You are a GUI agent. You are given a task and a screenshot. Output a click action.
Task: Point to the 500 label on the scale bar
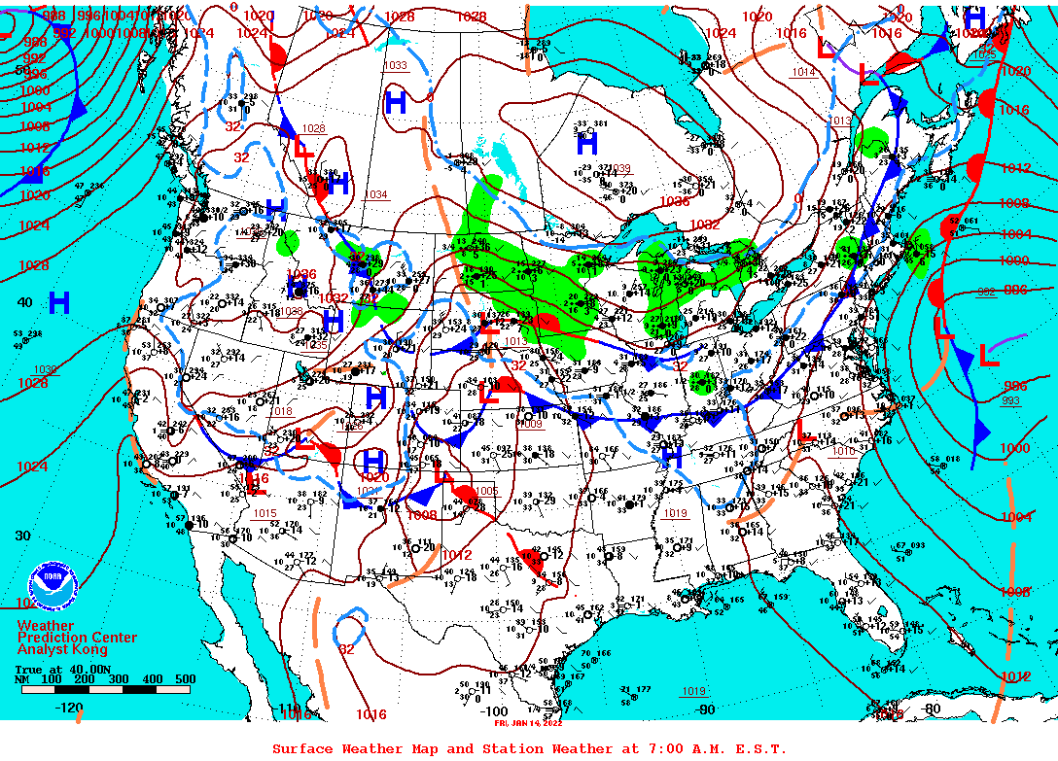pyautogui.click(x=184, y=679)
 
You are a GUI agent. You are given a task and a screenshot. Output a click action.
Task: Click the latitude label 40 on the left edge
pyautogui.click(x=24, y=302)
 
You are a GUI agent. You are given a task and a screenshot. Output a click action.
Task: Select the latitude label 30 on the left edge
pyautogui.click(x=24, y=535)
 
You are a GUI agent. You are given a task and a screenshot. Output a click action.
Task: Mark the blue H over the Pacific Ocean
pyautogui.click(x=59, y=303)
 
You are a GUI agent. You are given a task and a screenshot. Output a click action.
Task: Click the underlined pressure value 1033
pyautogui.click(x=396, y=66)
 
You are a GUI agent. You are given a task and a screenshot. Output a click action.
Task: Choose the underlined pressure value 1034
pyautogui.click(x=375, y=195)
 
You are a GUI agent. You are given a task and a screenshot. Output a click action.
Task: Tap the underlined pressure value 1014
pyautogui.click(x=803, y=73)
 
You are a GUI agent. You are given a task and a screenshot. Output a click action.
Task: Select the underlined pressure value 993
pyautogui.click(x=1011, y=400)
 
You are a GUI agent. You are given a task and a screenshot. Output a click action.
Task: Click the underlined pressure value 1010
pyautogui.click(x=843, y=451)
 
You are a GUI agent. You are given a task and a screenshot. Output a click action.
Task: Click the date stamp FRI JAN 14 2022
pyautogui.click(x=528, y=723)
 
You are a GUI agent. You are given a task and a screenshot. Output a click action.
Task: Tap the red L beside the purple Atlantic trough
pyautogui.click(x=989, y=356)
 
